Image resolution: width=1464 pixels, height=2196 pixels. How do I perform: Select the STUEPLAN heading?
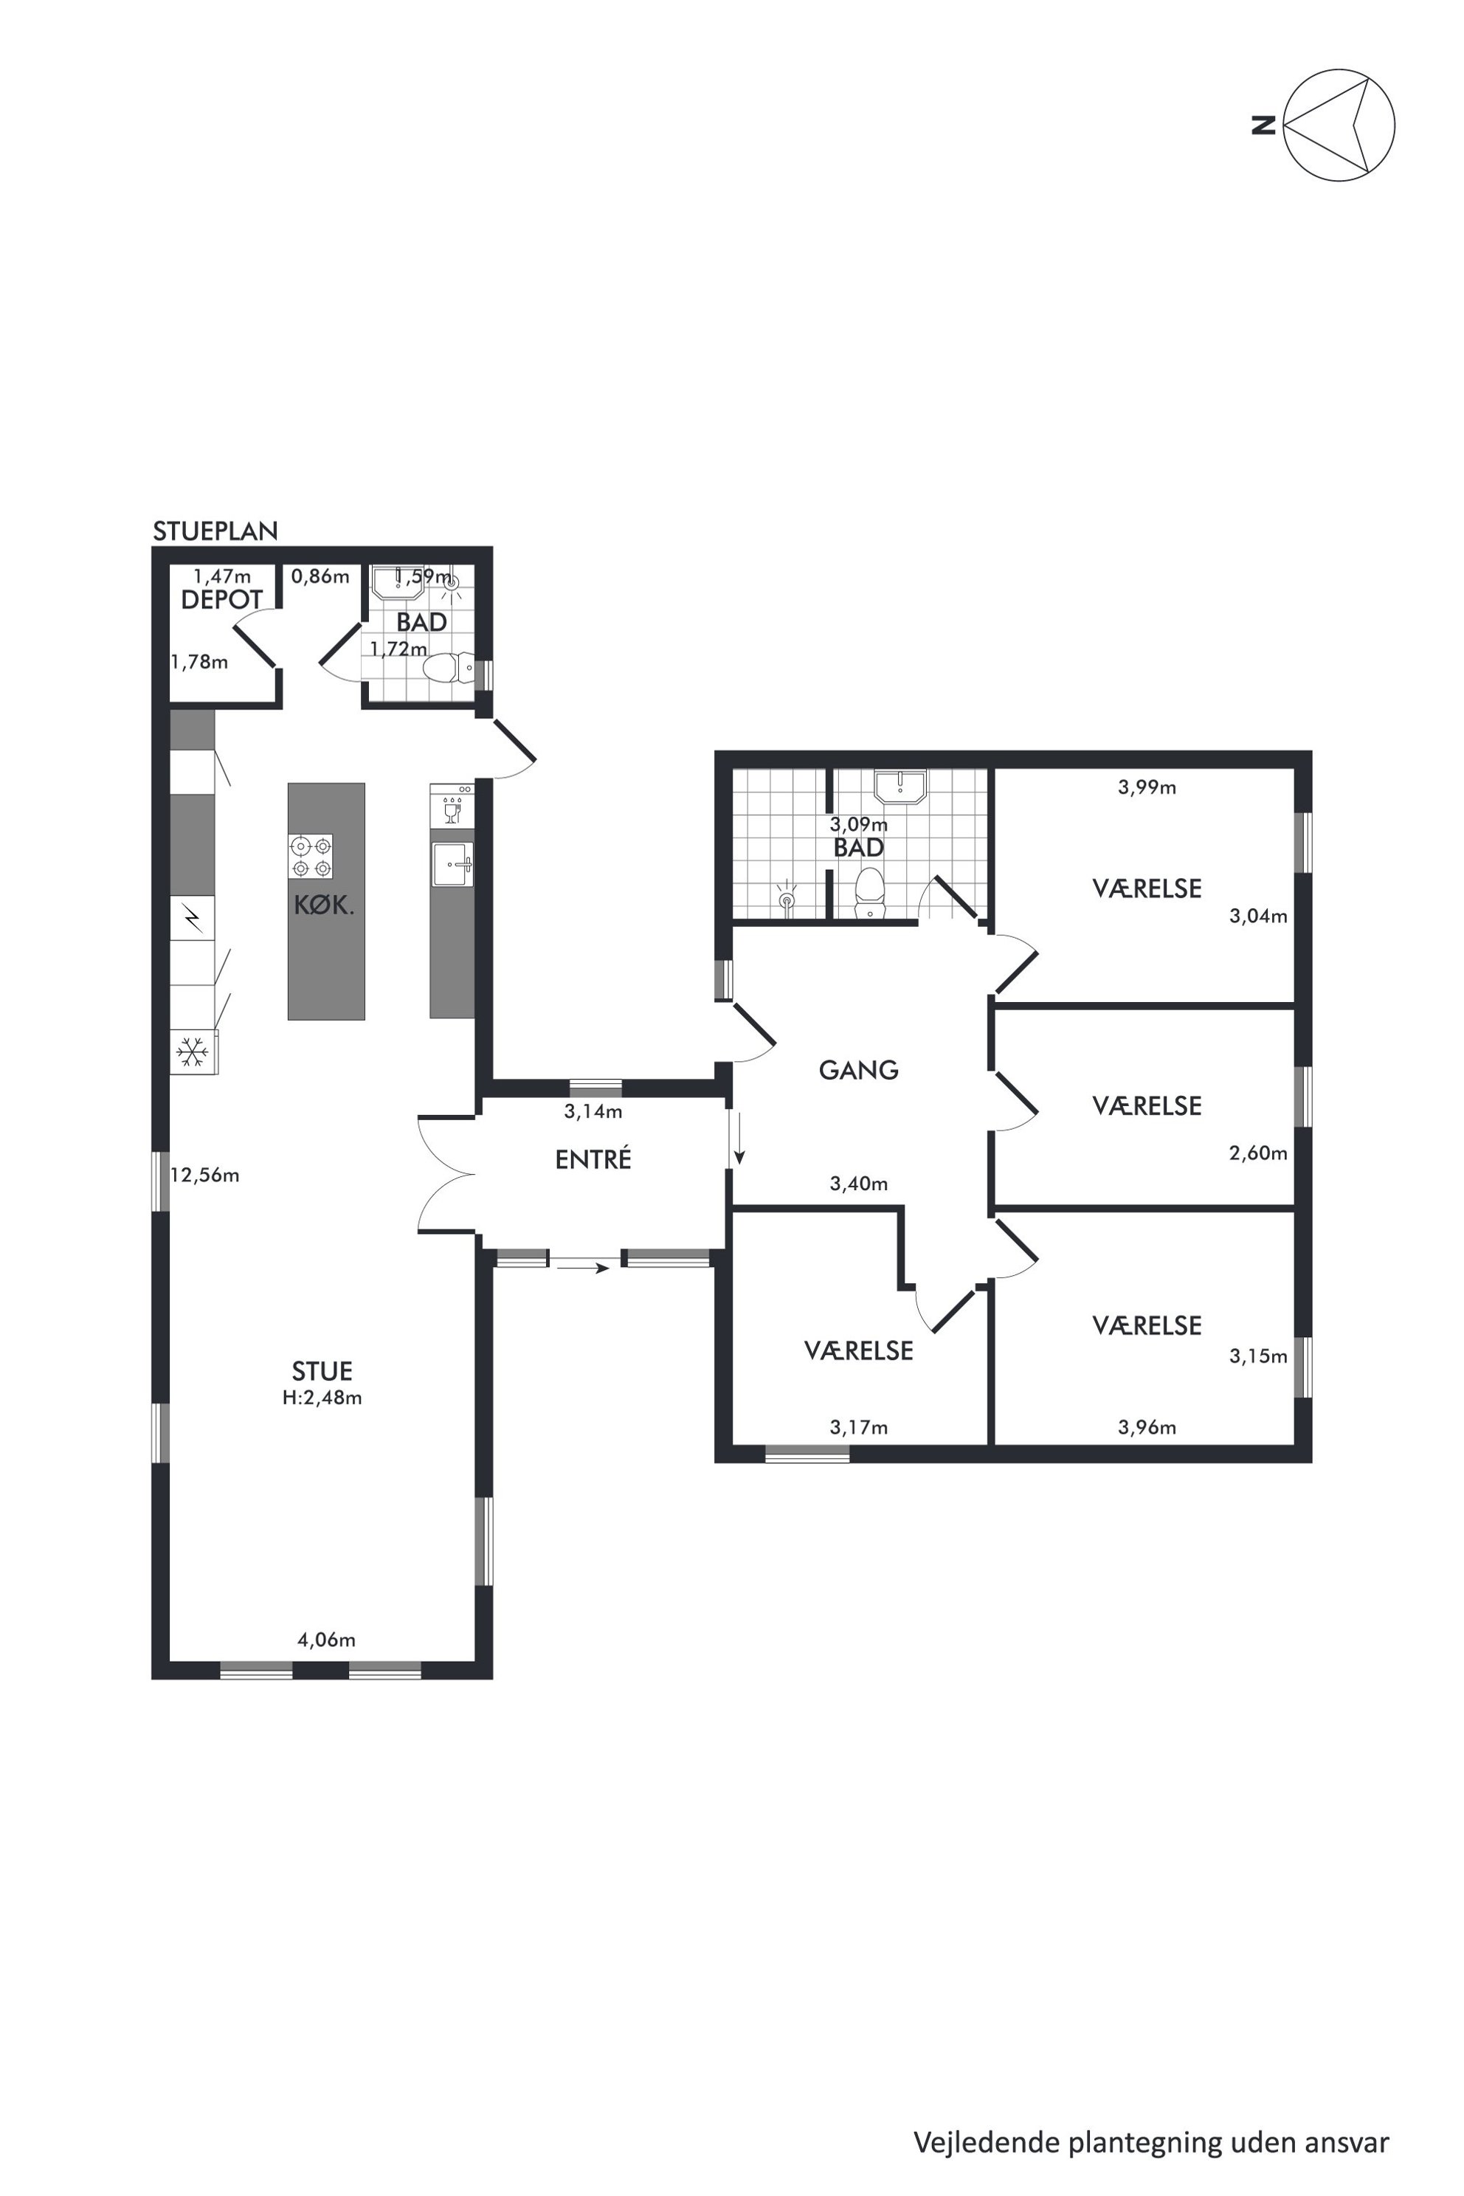tap(215, 531)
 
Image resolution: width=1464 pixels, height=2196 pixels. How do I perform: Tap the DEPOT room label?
tap(222, 599)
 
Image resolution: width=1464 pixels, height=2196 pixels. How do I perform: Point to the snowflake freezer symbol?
tap(193, 1052)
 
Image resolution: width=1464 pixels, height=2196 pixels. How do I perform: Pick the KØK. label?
tap(324, 905)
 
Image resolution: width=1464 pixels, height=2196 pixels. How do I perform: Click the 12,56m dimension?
tap(205, 1175)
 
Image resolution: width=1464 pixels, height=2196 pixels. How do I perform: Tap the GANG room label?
tap(859, 1070)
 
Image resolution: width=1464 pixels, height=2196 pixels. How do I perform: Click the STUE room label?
tap(322, 1370)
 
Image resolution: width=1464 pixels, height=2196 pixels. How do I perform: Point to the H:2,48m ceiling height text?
tap(322, 1398)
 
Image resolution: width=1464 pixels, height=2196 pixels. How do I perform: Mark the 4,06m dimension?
tap(326, 1640)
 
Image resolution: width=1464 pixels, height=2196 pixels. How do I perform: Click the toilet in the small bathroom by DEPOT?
tap(447, 668)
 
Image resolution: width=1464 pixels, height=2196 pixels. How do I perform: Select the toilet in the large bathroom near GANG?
tap(869, 894)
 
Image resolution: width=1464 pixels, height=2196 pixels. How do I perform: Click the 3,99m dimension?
tap(1147, 787)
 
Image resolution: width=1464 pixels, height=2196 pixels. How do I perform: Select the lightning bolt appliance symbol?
tap(193, 918)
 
